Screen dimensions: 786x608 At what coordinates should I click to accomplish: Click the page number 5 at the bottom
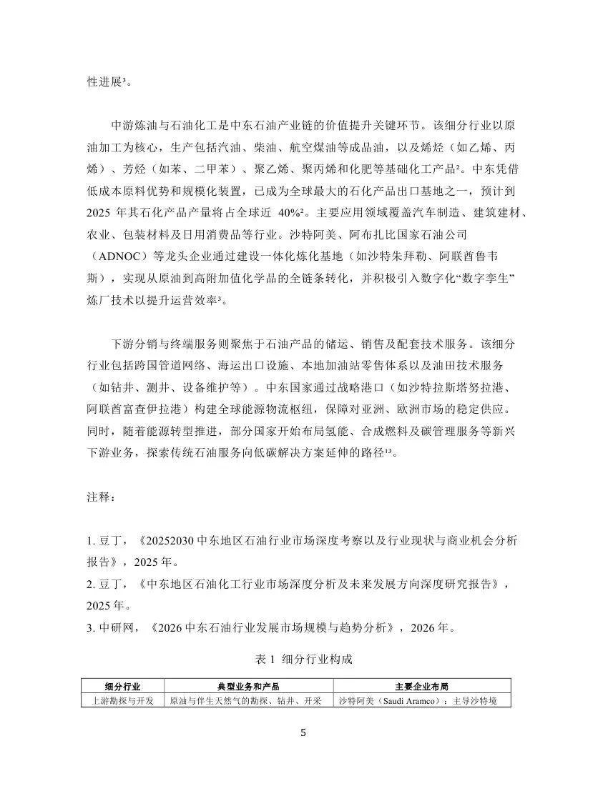(x=304, y=733)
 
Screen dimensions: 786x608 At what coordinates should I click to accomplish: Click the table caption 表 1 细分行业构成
(x=303, y=659)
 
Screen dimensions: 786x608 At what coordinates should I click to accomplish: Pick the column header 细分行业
(x=122, y=686)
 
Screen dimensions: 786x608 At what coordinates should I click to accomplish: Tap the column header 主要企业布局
(x=422, y=686)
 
